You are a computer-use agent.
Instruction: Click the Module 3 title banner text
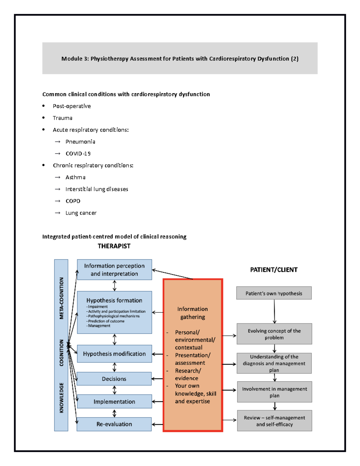coord(180,59)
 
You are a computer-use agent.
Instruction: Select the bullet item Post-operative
coord(72,106)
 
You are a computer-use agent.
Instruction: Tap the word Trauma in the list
coord(62,118)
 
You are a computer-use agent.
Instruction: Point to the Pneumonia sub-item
coord(80,142)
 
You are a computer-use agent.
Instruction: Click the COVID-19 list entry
coord(78,154)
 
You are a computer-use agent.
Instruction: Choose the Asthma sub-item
coord(75,177)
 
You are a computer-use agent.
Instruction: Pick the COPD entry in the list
coord(73,201)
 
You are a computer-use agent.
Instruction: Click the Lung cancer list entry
coord(81,213)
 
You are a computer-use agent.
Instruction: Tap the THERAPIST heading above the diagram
coord(114,246)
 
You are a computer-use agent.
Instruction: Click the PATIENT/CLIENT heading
coord(274,270)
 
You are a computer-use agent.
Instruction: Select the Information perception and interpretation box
coord(114,269)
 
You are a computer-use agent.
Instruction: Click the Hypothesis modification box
coord(114,354)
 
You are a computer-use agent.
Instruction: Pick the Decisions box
coord(114,379)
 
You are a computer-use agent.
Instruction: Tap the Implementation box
coord(114,401)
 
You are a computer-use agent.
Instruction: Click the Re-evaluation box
coord(114,424)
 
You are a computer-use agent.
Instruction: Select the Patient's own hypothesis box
coord(274,293)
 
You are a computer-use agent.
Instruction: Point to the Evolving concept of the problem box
coord(274,334)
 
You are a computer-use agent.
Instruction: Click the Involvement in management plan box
coord(274,392)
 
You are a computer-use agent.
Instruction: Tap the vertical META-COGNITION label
coord(61,298)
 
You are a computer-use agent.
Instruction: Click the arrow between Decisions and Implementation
coord(114,390)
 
